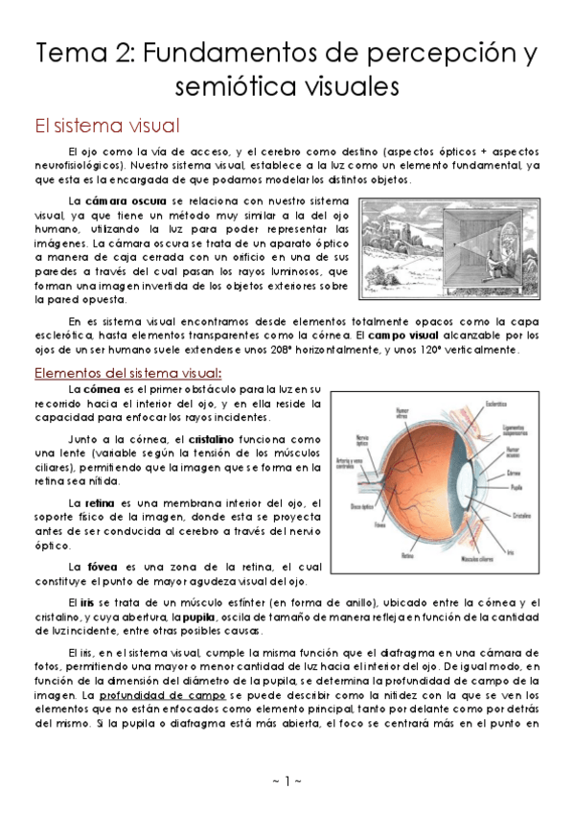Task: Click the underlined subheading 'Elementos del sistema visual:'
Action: click(x=127, y=372)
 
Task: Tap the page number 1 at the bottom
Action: click(x=287, y=781)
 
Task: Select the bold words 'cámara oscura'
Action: click(x=118, y=201)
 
